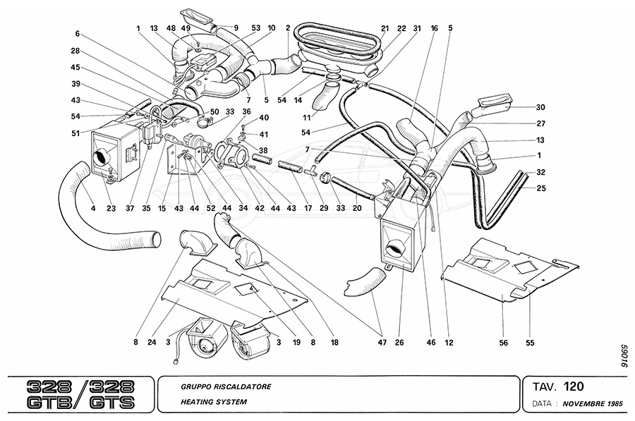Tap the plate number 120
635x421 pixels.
(573, 386)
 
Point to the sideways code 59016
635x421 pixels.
(621, 357)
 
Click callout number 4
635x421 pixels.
(93, 208)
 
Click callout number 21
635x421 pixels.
(385, 29)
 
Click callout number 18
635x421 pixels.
(334, 344)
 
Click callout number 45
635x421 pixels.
(75, 68)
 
